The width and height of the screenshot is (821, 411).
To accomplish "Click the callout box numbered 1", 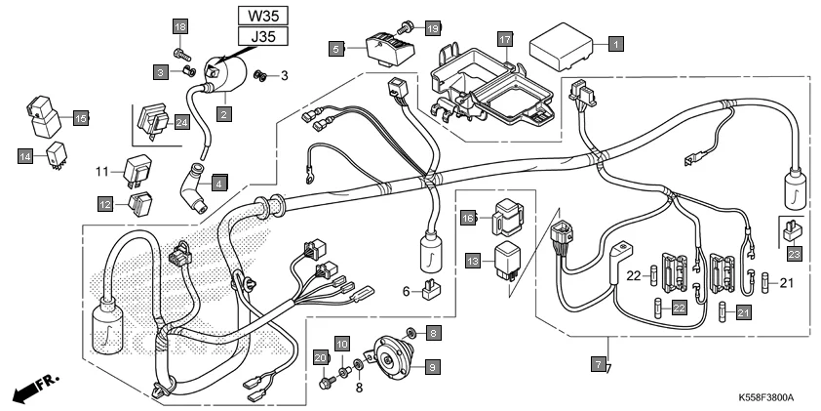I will pyautogui.click(x=615, y=43).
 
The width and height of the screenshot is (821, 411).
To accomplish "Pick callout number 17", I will pyautogui.click(x=504, y=40).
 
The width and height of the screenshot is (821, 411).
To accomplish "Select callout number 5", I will pyautogui.click(x=335, y=47).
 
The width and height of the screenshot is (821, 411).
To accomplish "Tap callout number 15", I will pyautogui.click(x=81, y=118).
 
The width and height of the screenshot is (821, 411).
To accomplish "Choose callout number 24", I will pyautogui.click(x=181, y=122).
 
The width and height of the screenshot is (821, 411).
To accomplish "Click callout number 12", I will pyautogui.click(x=104, y=203).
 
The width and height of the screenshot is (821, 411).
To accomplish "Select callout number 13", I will pyautogui.click(x=473, y=262).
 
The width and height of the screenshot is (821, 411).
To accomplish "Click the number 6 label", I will pyautogui.click(x=406, y=292).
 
